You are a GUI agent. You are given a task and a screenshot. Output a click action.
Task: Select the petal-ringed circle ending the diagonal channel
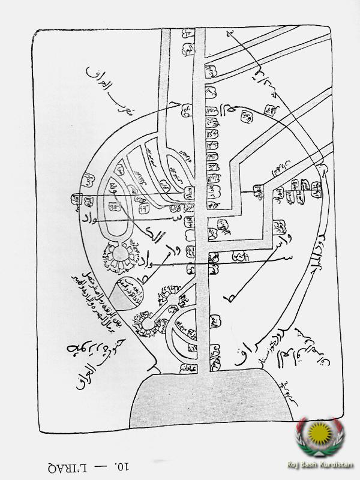pos(146,325)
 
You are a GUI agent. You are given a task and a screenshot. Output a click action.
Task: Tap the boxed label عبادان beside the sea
pos(188,367)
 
